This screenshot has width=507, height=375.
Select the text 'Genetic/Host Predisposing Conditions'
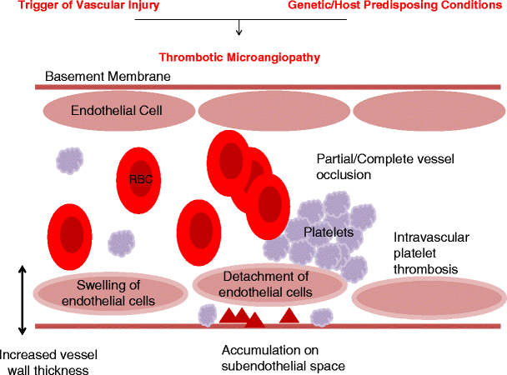point(396,7)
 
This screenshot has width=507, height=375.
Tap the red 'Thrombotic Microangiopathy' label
point(240,57)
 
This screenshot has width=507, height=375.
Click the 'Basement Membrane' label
point(108,77)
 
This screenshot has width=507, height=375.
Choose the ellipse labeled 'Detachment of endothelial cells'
point(265,284)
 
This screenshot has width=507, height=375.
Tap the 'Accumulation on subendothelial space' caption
point(283,357)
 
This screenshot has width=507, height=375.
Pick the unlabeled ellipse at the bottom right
point(429,297)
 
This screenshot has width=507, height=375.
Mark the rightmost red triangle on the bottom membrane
point(289,315)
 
